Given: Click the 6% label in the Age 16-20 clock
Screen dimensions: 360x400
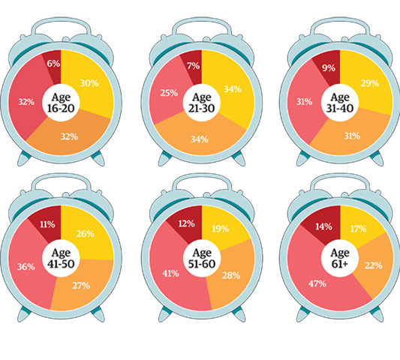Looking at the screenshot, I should [53, 64].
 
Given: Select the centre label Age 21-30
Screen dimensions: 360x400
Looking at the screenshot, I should [200, 101].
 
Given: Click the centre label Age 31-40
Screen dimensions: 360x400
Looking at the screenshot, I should [340, 102].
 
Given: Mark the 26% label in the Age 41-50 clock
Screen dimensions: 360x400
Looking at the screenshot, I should [85, 233].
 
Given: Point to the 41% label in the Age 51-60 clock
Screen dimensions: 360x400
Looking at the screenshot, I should [170, 273].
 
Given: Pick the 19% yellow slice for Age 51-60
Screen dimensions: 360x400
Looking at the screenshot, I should [222, 227].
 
